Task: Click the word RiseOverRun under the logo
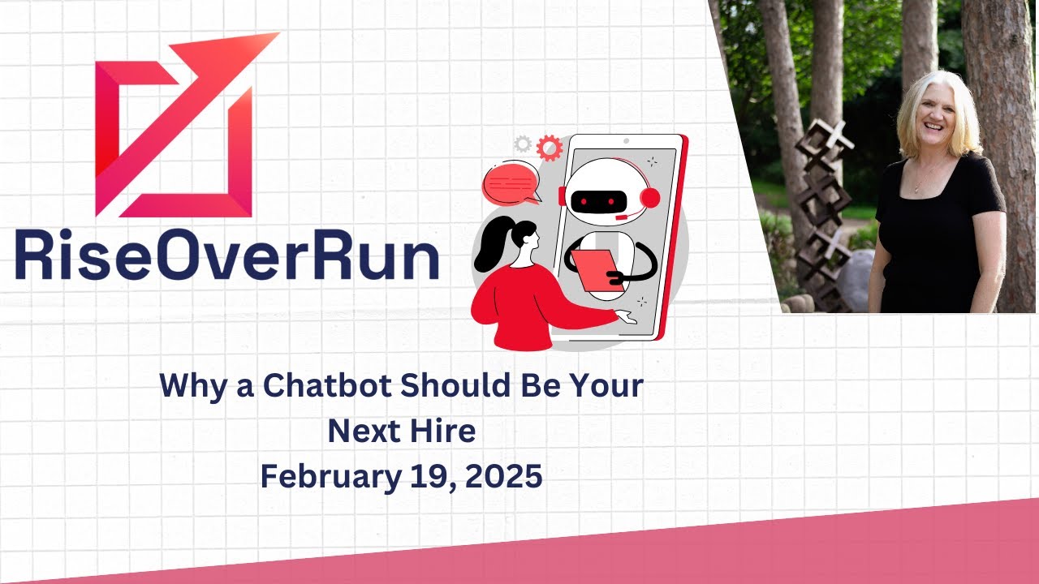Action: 226,256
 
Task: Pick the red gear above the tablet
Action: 550,147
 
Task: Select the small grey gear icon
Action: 523,144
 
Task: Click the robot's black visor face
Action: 599,200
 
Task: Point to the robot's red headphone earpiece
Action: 650,198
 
